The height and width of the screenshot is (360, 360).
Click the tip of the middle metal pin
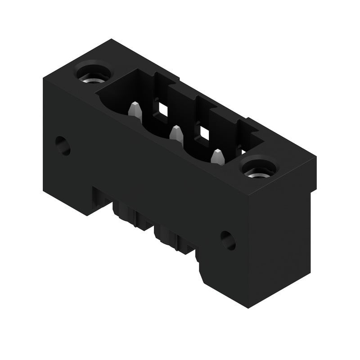(x=176, y=129)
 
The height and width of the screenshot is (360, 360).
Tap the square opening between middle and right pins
(x=204, y=132)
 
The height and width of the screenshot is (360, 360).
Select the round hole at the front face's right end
(x=228, y=240)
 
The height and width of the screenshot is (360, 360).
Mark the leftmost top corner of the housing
(x=43, y=80)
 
